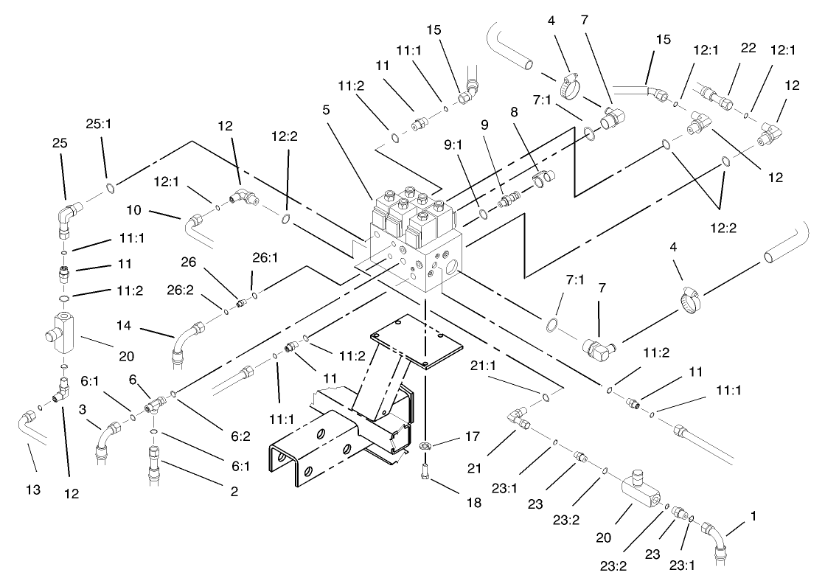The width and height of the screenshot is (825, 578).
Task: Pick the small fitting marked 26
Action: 241,302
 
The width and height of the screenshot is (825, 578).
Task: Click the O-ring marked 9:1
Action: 483,215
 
